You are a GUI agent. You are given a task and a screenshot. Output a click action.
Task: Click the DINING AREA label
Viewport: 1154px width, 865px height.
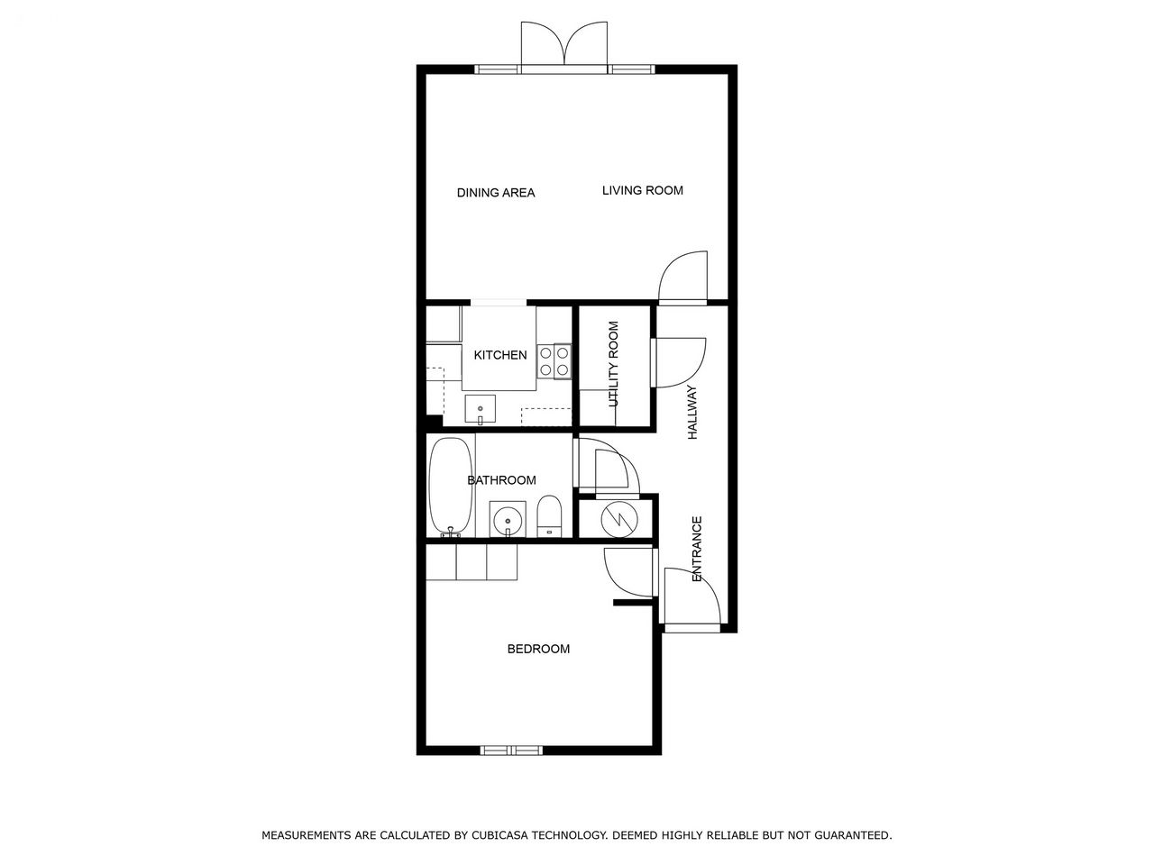click(x=495, y=193)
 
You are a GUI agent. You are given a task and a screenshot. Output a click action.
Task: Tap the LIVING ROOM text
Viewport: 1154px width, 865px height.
click(x=643, y=191)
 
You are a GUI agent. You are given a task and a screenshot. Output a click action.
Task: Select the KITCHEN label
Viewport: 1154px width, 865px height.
click(x=500, y=355)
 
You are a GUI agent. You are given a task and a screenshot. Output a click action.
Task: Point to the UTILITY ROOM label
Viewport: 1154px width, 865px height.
click(x=613, y=364)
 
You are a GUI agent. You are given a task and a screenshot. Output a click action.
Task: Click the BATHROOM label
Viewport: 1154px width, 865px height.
click(x=501, y=480)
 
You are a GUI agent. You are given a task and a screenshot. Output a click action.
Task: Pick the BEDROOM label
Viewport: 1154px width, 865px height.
click(x=538, y=649)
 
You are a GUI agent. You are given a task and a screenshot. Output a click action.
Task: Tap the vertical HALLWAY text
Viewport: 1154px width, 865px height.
click(x=692, y=413)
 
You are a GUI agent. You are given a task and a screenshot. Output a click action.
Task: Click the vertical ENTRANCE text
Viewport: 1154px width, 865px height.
click(x=697, y=549)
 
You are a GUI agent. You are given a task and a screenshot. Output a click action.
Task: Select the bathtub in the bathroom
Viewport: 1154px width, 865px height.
click(x=451, y=487)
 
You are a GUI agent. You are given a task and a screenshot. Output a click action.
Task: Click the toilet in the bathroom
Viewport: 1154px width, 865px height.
click(x=549, y=515)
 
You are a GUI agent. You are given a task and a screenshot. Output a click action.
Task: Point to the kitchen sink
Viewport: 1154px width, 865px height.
click(x=480, y=409)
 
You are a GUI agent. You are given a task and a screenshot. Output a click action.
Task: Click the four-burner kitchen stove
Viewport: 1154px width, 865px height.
click(x=554, y=361)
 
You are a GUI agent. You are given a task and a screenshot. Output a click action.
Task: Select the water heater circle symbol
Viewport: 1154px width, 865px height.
click(x=619, y=520)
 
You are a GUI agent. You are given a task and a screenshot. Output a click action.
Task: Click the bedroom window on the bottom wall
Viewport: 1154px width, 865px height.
click(x=511, y=751)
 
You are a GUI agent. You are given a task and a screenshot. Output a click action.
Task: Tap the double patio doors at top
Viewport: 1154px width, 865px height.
click(x=564, y=46)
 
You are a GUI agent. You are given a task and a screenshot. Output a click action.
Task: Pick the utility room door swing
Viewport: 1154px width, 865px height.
click(x=679, y=363)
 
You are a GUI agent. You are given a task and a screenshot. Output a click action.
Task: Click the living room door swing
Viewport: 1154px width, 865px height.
click(x=683, y=278)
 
